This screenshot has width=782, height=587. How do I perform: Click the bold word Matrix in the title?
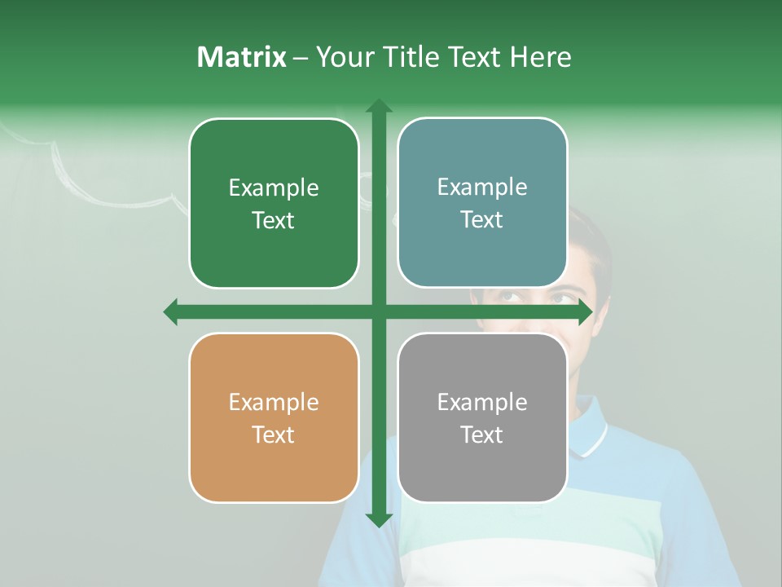pyautogui.click(x=242, y=57)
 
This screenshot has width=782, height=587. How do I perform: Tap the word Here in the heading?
pyautogui.click(x=540, y=57)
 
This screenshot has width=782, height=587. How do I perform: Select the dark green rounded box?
pyautogui.click(x=274, y=204)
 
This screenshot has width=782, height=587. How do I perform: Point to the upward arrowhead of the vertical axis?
pyautogui.click(x=378, y=107)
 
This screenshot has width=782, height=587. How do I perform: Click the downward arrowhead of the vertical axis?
pyautogui.click(x=378, y=519)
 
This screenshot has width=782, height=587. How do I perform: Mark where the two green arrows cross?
pyautogui.click(x=378, y=311)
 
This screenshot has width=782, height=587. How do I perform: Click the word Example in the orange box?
pyautogui.click(x=274, y=402)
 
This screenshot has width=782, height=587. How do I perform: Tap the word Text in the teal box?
pyautogui.click(x=482, y=219)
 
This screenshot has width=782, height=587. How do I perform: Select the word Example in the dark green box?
pyautogui.click(x=274, y=188)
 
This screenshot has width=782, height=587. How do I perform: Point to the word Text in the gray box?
pyautogui.click(x=482, y=435)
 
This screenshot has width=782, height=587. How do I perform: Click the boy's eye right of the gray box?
pyautogui.click(x=560, y=298)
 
